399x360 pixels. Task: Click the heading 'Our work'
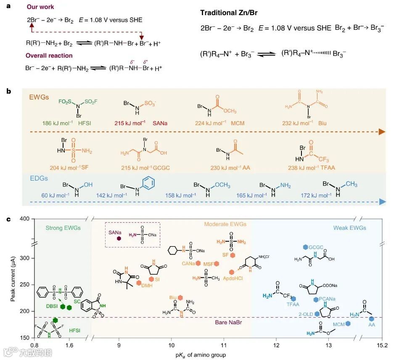click(x=40, y=7)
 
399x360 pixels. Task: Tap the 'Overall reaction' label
click(x=49, y=55)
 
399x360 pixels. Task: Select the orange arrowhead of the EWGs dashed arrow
click(x=381, y=131)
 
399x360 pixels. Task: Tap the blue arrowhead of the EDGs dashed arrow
click(x=382, y=202)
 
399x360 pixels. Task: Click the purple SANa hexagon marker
click(x=119, y=238)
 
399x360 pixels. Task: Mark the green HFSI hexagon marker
click(x=55, y=321)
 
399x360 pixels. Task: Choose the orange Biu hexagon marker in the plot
click(x=180, y=297)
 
